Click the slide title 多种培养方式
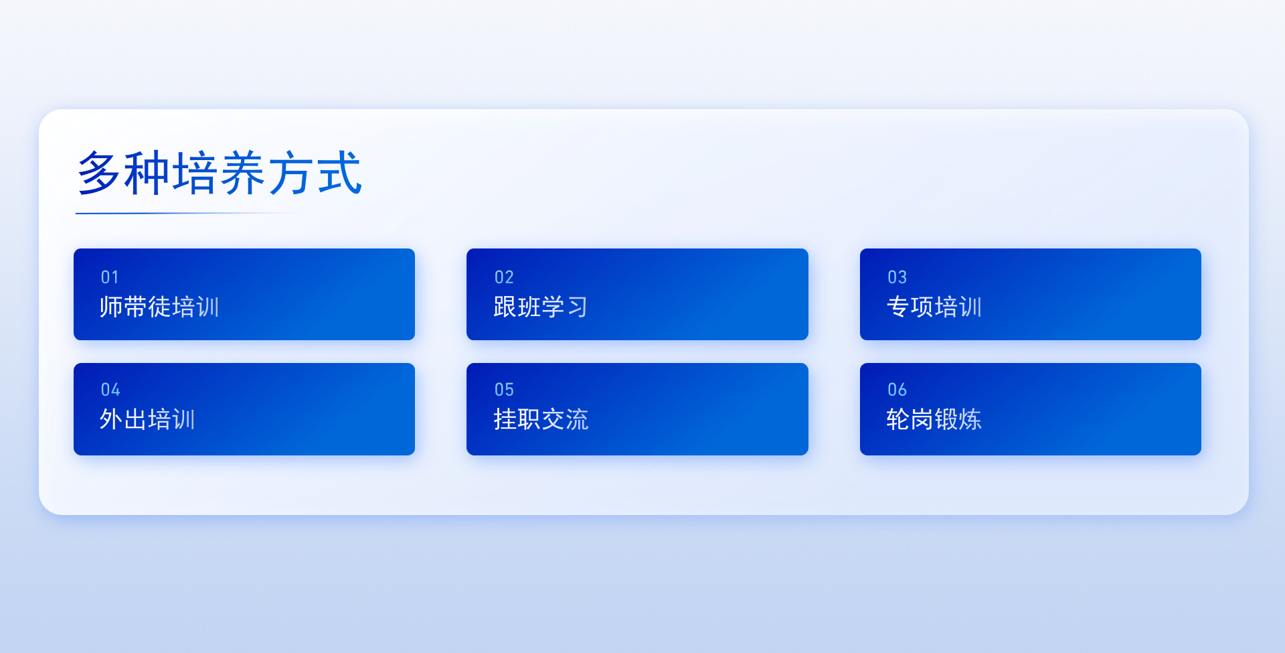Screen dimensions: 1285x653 tap(220, 173)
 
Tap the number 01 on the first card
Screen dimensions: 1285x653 tap(110, 277)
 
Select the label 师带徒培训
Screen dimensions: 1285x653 tap(159, 307)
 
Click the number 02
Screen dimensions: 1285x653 tap(504, 277)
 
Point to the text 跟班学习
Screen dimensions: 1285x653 tap(541, 307)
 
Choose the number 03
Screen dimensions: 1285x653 tap(897, 277)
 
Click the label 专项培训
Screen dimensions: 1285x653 tap(934, 307)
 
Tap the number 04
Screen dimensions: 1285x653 tap(110, 390)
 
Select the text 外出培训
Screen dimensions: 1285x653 tap(147, 419)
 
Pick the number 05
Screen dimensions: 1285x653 tap(504, 390)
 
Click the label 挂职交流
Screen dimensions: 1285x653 tap(541, 419)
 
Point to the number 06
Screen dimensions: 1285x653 tap(897, 390)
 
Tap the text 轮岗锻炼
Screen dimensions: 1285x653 tap(934, 419)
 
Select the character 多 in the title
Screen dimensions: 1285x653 tap(99, 173)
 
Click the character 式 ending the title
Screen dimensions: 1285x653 tap(340, 173)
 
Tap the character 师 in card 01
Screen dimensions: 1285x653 tap(111, 307)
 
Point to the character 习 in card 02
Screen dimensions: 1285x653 tap(577, 307)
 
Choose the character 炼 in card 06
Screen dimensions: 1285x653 tap(970, 419)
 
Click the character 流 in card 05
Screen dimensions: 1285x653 tap(577, 419)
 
